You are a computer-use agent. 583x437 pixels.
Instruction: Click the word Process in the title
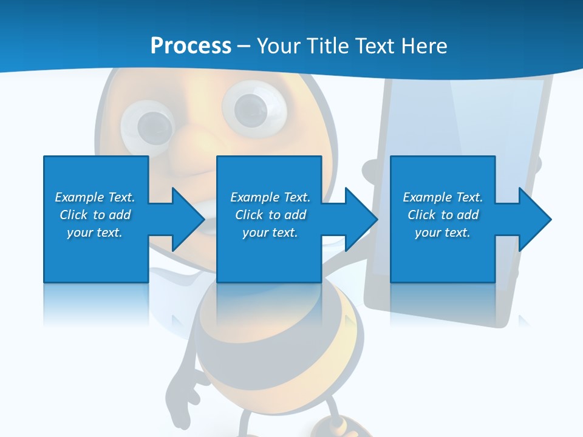click(x=191, y=46)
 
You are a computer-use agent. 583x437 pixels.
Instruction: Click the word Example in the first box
click(x=80, y=197)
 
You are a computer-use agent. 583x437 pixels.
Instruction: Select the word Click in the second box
click(x=249, y=215)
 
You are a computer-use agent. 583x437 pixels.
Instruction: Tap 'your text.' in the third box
click(x=443, y=232)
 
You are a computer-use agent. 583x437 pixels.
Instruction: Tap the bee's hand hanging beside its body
click(x=185, y=383)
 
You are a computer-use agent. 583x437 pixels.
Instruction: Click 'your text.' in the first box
click(x=95, y=232)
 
